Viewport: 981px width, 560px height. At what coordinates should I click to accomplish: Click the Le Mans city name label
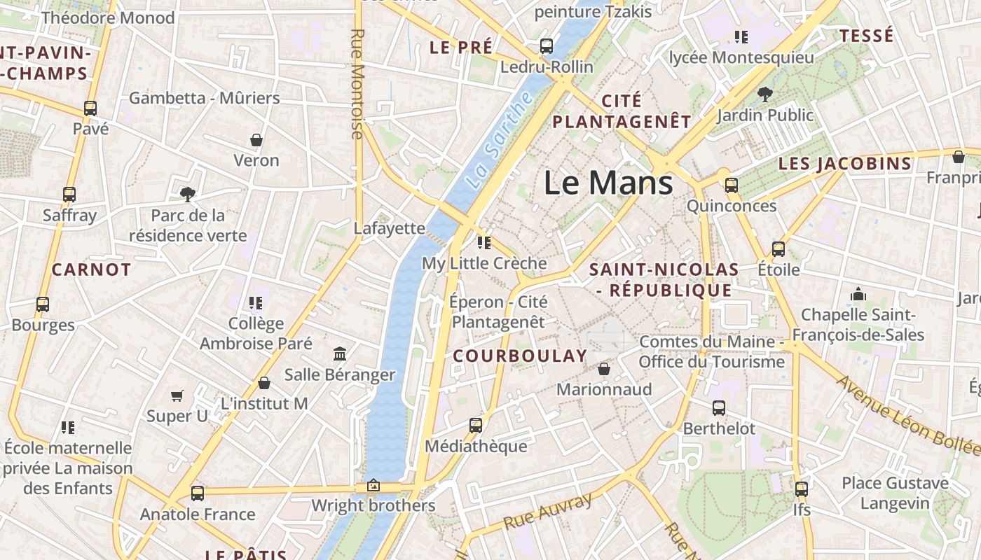[x=608, y=183]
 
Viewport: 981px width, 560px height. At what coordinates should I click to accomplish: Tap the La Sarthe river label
[x=498, y=139]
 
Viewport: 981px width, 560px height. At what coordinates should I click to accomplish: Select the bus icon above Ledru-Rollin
[x=547, y=46]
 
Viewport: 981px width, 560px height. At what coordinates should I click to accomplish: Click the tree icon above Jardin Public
[x=764, y=94]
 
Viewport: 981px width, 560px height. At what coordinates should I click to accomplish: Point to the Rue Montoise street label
[x=357, y=84]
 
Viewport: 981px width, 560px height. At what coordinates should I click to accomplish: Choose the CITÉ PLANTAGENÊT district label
[x=622, y=111]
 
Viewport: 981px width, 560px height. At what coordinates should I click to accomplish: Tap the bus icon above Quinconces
[x=732, y=185]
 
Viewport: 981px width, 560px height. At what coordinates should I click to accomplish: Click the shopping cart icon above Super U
[x=177, y=395]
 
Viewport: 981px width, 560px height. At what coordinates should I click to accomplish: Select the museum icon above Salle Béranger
[x=340, y=353]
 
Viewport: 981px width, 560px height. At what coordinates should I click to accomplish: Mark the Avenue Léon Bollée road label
[x=907, y=415]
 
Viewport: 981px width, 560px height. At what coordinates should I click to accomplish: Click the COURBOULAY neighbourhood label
[x=519, y=356]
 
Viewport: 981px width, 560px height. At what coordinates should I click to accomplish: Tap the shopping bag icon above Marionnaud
[x=604, y=368]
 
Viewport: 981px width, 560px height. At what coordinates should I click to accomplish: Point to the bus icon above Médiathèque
[x=476, y=425]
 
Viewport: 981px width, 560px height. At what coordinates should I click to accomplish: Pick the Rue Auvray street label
[x=548, y=512]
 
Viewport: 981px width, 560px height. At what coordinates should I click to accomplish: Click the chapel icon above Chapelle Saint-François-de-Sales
[x=858, y=294]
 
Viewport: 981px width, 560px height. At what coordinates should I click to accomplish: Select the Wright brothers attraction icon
[x=373, y=485]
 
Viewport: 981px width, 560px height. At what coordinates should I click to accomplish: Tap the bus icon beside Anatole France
[x=198, y=493]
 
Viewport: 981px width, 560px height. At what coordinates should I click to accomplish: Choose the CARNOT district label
[x=91, y=269]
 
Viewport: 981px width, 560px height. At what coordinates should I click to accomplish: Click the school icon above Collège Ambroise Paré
[x=256, y=302]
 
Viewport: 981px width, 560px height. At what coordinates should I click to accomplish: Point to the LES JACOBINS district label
[x=845, y=164]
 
